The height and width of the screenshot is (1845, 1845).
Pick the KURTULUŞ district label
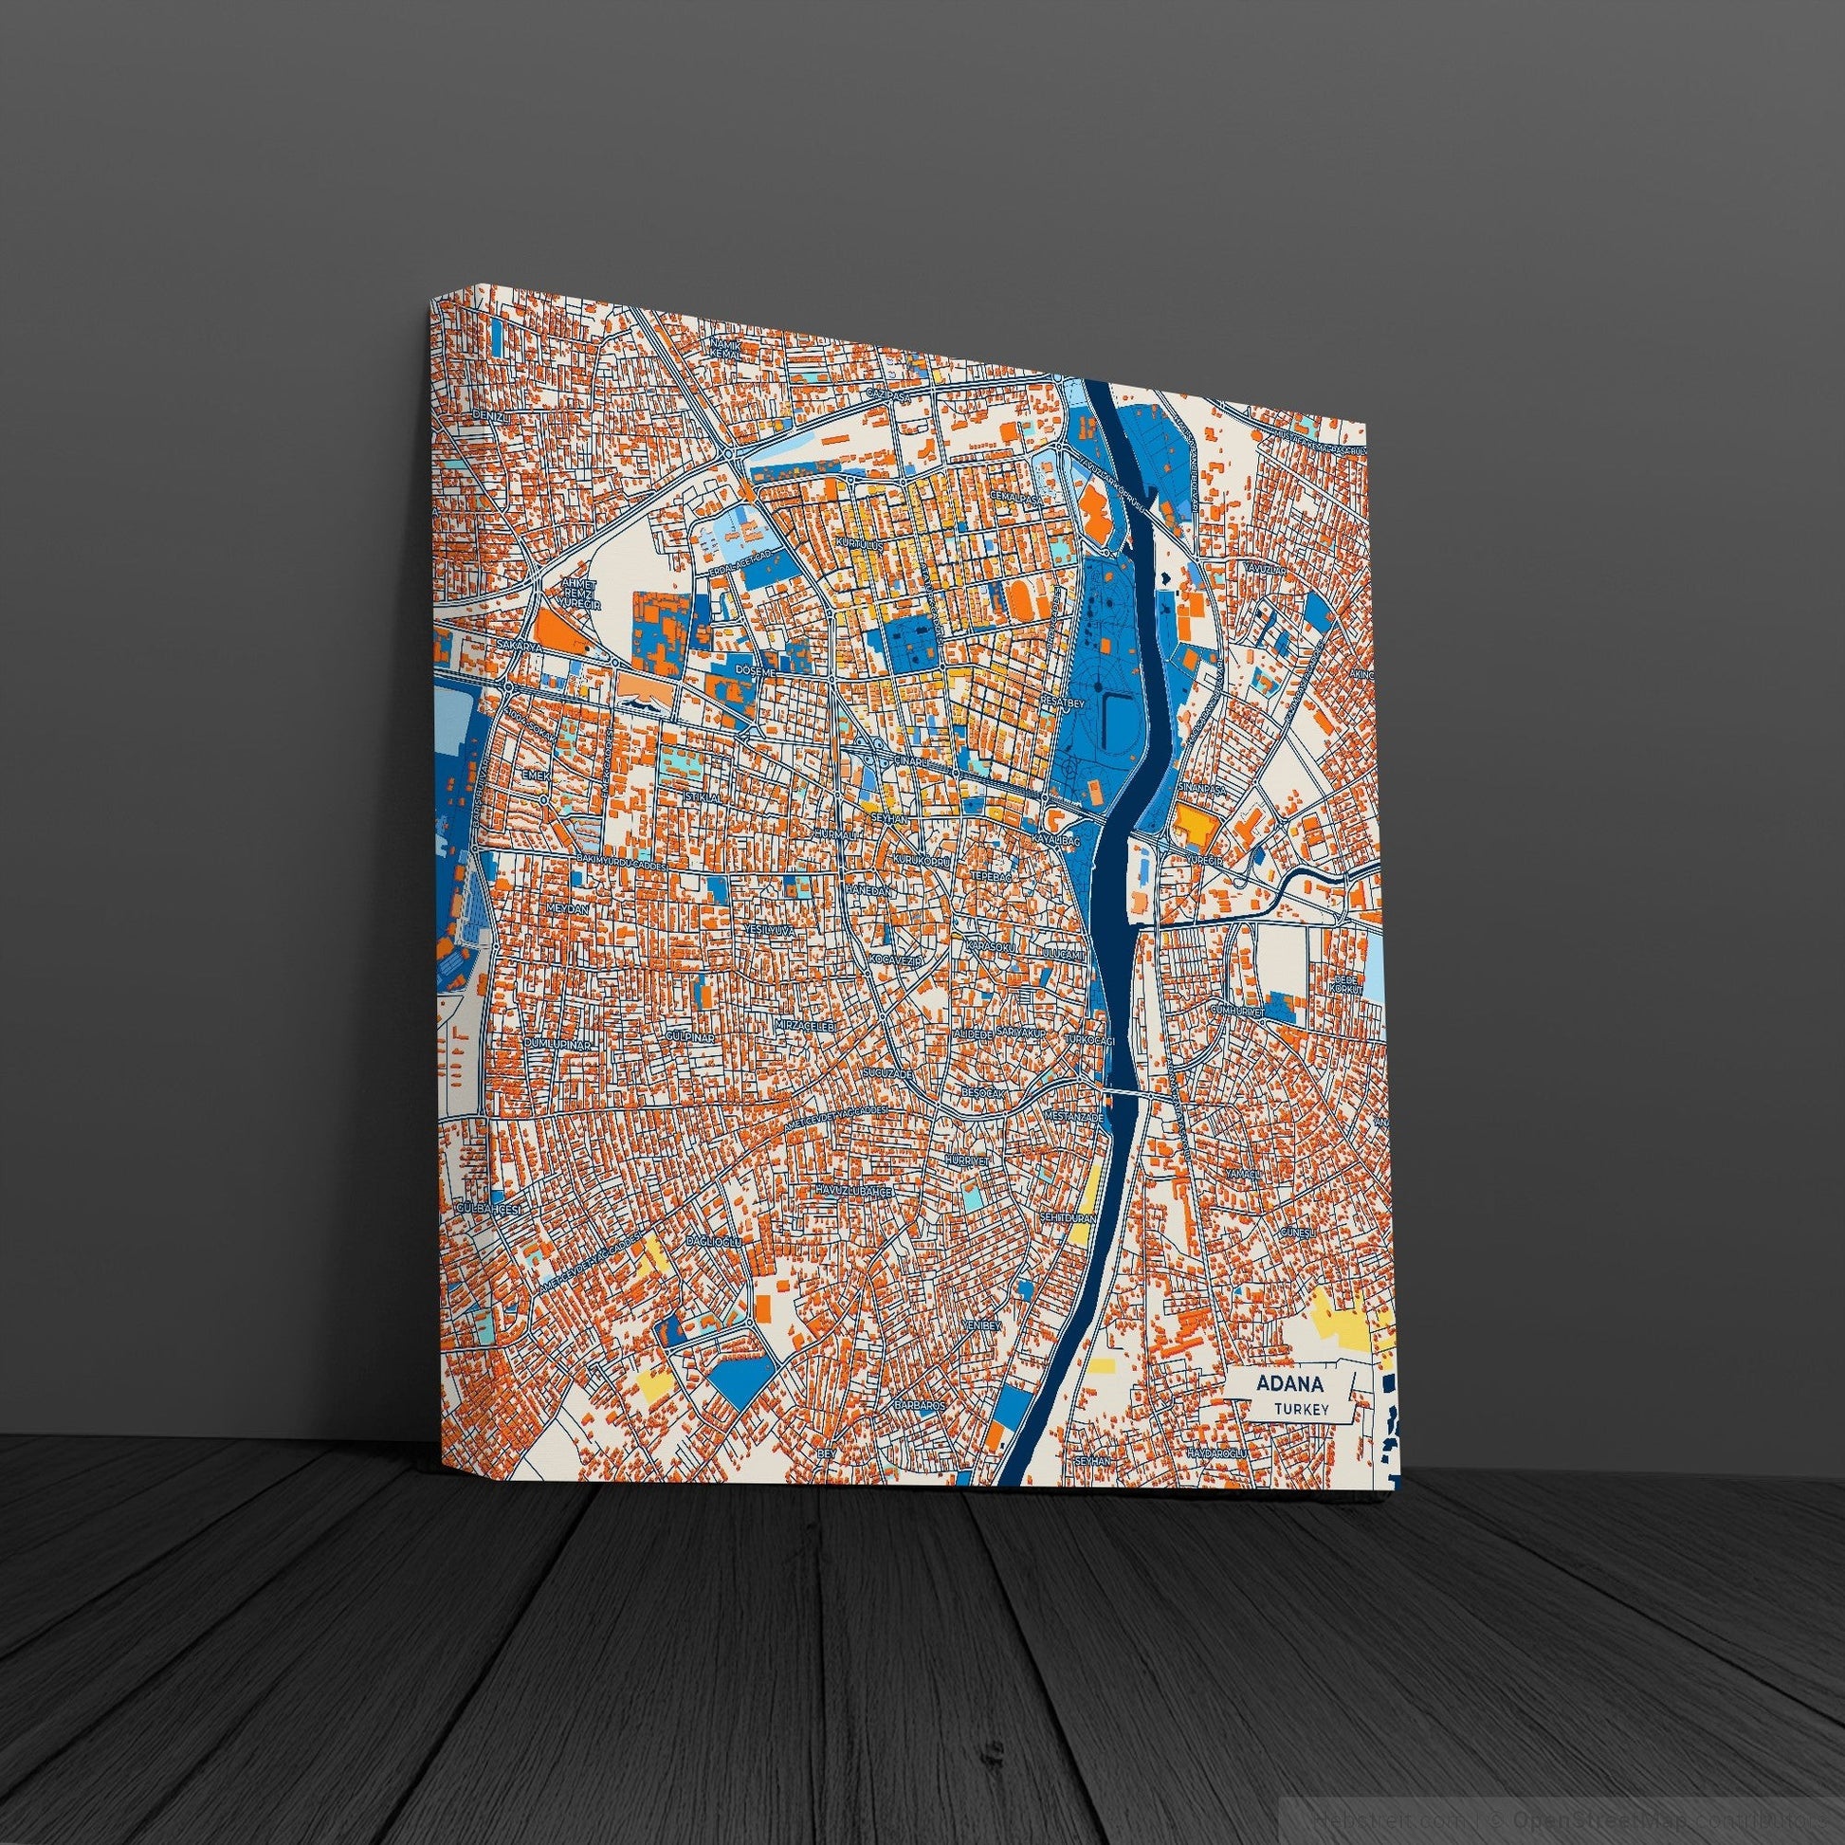[x=859, y=542]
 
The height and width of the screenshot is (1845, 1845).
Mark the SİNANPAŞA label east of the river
[x=1198, y=785]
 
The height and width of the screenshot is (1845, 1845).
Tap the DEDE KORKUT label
[x=1346, y=985]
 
